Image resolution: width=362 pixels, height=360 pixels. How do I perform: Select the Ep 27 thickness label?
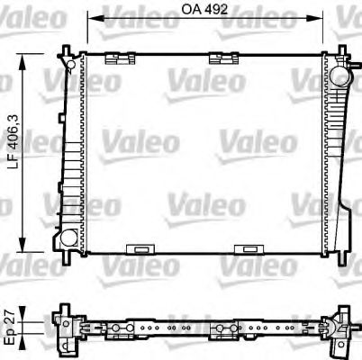[12, 325]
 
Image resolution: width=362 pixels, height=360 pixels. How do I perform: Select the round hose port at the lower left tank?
[66, 240]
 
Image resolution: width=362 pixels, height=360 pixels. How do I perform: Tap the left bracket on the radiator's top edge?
[114, 58]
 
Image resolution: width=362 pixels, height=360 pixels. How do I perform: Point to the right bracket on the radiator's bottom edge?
[246, 248]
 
